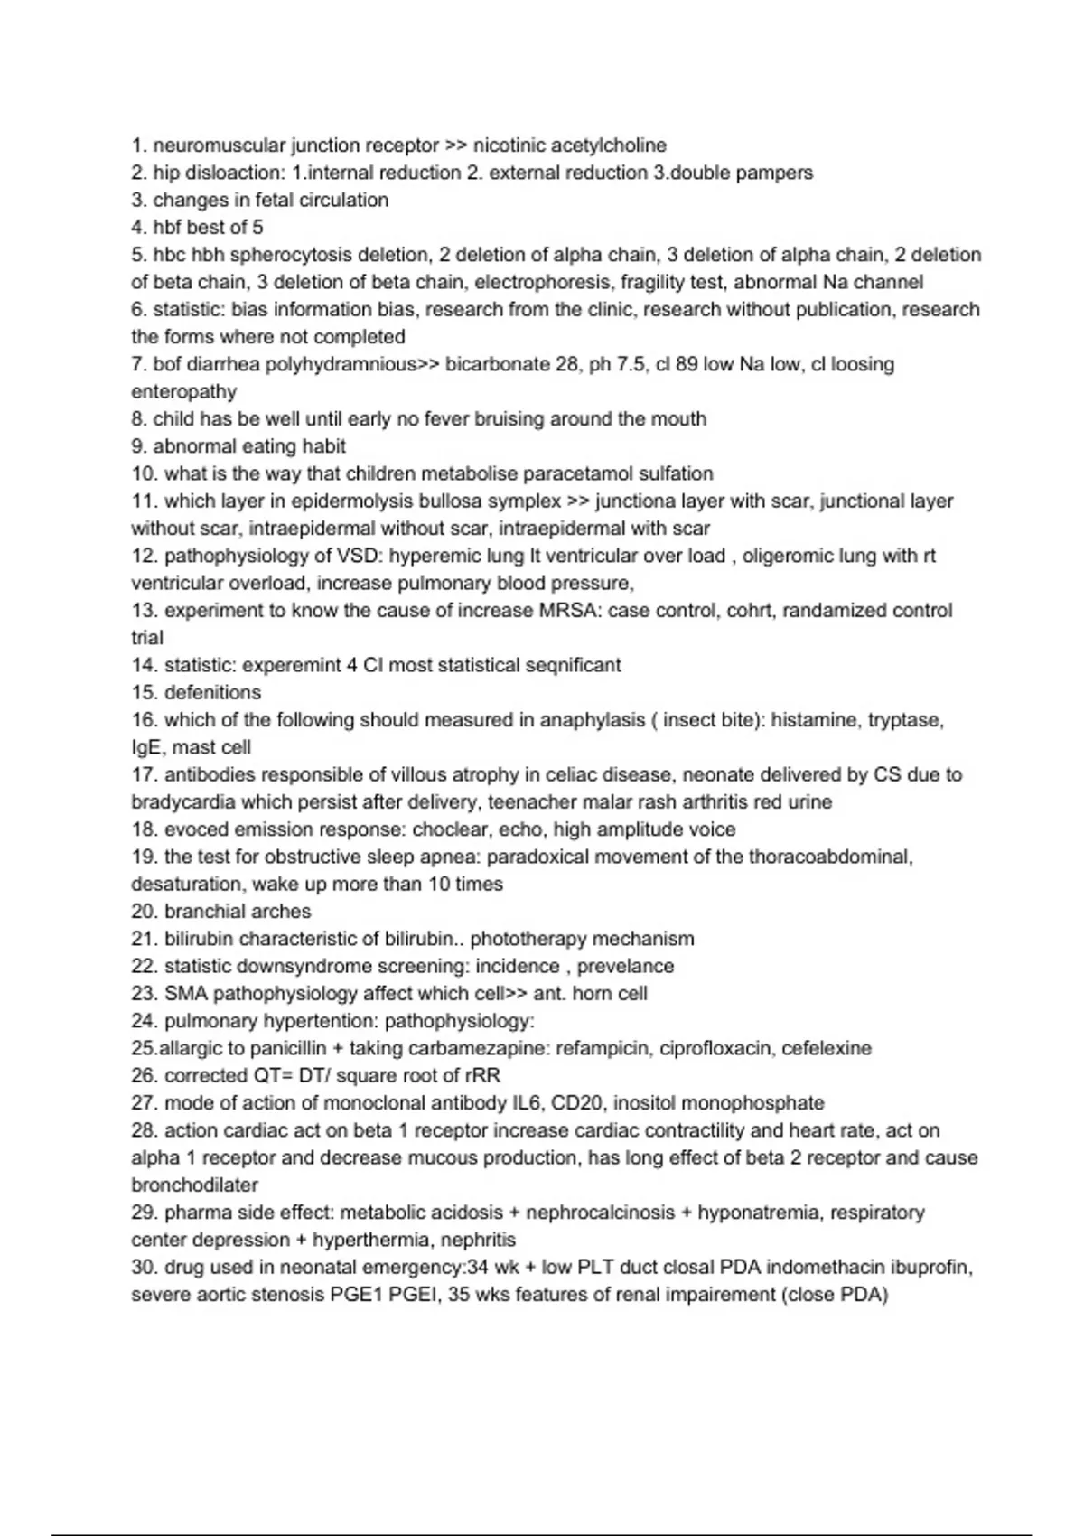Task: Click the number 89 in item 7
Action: [x=687, y=364]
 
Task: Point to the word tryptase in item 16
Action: [x=905, y=720]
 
